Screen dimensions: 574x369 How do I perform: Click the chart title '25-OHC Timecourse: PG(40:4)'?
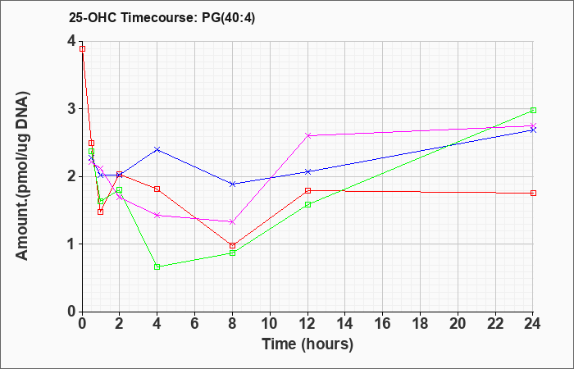(x=162, y=18)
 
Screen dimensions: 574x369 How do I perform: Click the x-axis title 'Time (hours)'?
(x=307, y=344)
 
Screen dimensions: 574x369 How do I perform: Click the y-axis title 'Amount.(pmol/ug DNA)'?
(x=23, y=176)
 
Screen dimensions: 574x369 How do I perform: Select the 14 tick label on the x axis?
(x=345, y=324)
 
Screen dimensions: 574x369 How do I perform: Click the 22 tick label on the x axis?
(x=495, y=324)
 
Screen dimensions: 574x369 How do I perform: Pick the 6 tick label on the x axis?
(x=194, y=324)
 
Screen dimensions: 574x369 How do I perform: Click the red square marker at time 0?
(x=82, y=48)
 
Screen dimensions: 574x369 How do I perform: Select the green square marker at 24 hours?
(x=533, y=110)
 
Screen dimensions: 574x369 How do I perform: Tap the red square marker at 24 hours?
(x=533, y=193)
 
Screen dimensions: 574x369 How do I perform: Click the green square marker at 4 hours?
(x=157, y=266)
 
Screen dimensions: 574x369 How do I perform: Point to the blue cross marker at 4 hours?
(x=157, y=149)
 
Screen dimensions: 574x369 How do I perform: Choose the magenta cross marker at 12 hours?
(x=307, y=135)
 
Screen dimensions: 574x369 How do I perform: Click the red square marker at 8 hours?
(x=232, y=245)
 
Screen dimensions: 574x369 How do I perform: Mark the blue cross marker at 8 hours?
(x=232, y=184)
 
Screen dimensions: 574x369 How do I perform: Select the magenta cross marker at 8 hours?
(x=232, y=222)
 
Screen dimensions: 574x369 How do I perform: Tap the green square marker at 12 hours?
(x=307, y=204)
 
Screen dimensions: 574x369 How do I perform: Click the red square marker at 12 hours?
(x=307, y=190)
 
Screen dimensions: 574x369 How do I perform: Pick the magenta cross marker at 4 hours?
(x=157, y=215)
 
